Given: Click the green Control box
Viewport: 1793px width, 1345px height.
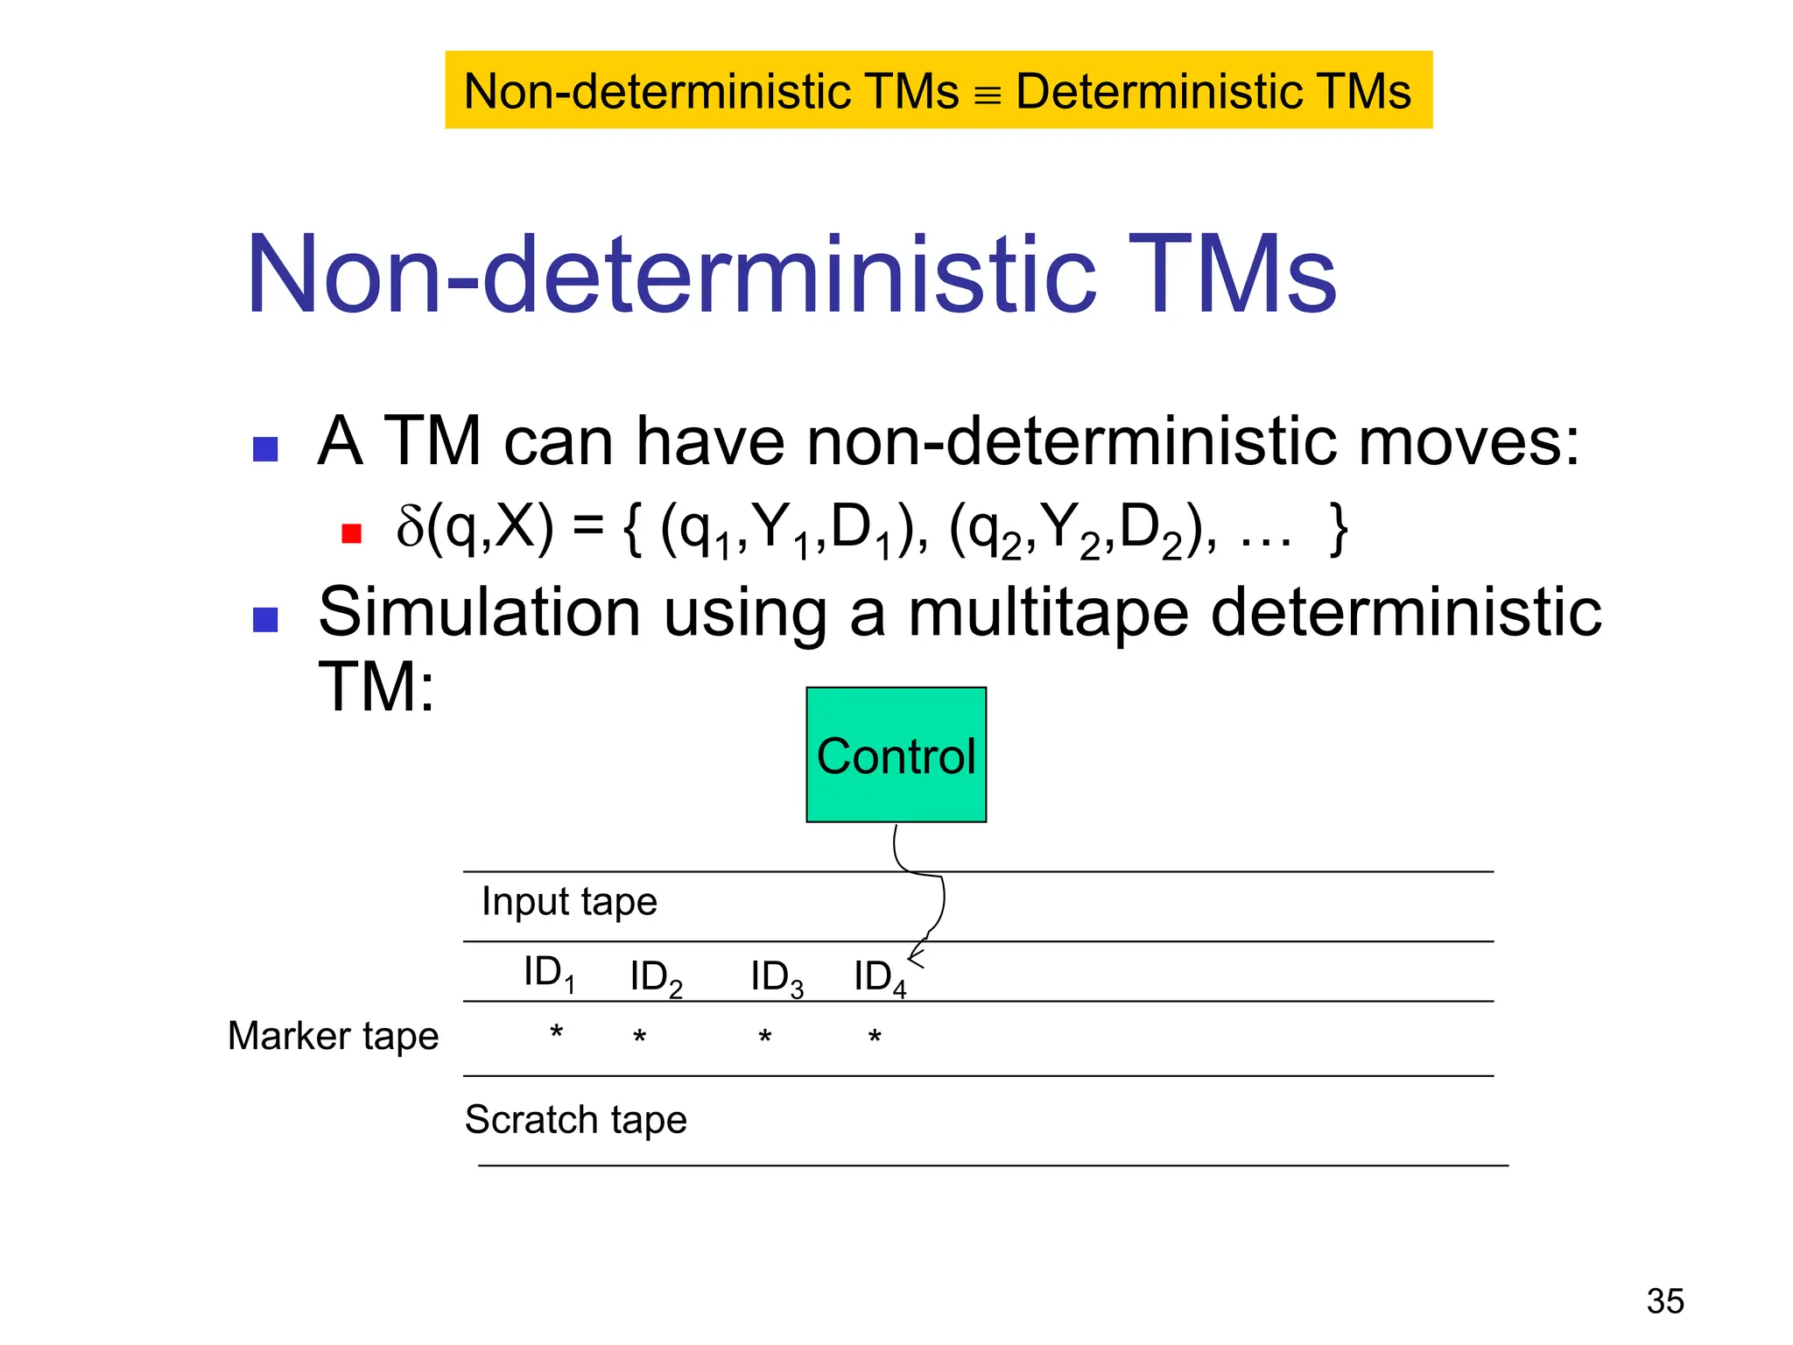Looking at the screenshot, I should tap(896, 754).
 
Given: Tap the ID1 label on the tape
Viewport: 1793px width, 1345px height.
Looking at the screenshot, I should tap(549, 973).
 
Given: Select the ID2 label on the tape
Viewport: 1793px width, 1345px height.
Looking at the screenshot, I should tap(656, 977).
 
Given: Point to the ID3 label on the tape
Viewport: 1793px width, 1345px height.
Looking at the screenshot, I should tap(777, 977).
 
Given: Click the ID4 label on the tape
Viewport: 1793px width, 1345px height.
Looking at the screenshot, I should tap(879, 977).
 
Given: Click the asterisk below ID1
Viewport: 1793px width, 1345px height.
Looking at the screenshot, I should tap(556, 1033).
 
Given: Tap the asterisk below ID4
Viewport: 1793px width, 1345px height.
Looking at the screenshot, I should tap(874, 1039).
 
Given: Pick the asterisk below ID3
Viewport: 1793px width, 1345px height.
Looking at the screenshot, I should tap(764, 1039).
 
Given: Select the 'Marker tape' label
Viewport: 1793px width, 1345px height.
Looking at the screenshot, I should tap(333, 1036).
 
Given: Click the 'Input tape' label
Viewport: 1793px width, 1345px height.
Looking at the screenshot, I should tap(569, 902).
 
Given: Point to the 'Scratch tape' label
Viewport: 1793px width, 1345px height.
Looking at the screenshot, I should tap(575, 1120).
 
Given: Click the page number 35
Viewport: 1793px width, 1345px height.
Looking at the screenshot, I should tap(1664, 1301).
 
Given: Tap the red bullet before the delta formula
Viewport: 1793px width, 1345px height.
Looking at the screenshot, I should tap(352, 533).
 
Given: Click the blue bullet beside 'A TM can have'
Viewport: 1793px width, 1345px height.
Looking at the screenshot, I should tap(265, 449).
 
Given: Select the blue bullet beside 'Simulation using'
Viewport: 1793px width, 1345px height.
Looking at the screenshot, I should tap(265, 620).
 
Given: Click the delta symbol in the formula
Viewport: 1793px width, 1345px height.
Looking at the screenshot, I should tap(410, 527).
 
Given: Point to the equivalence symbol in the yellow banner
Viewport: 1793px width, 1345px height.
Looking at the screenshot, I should tap(987, 95).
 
